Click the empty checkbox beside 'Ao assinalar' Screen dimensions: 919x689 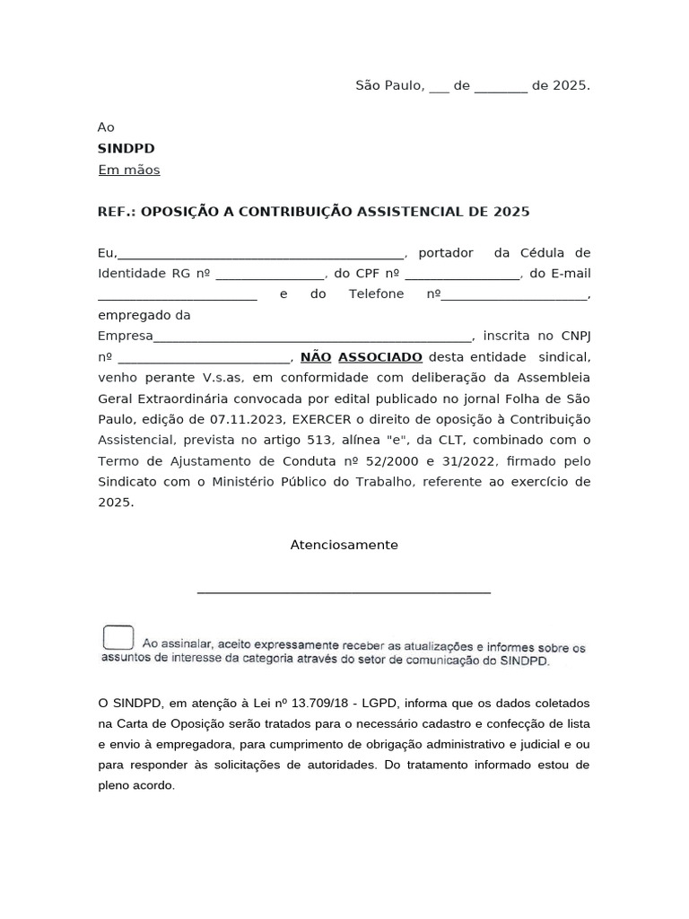click(118, 637)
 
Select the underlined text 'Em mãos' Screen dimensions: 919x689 click(128, 170)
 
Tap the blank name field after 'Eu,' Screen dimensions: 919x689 click(261, 254)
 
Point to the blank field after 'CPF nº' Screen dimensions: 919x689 click(462, 275)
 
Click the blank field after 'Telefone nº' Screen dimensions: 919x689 click(516, 295)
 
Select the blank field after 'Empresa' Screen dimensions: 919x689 click(312, 338)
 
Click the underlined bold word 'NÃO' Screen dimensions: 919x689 click(316, 357)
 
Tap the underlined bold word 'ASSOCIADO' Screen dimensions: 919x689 click(379, 357)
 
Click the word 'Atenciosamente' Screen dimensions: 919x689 click(344, 545)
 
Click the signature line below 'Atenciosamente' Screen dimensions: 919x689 click(344, 592)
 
